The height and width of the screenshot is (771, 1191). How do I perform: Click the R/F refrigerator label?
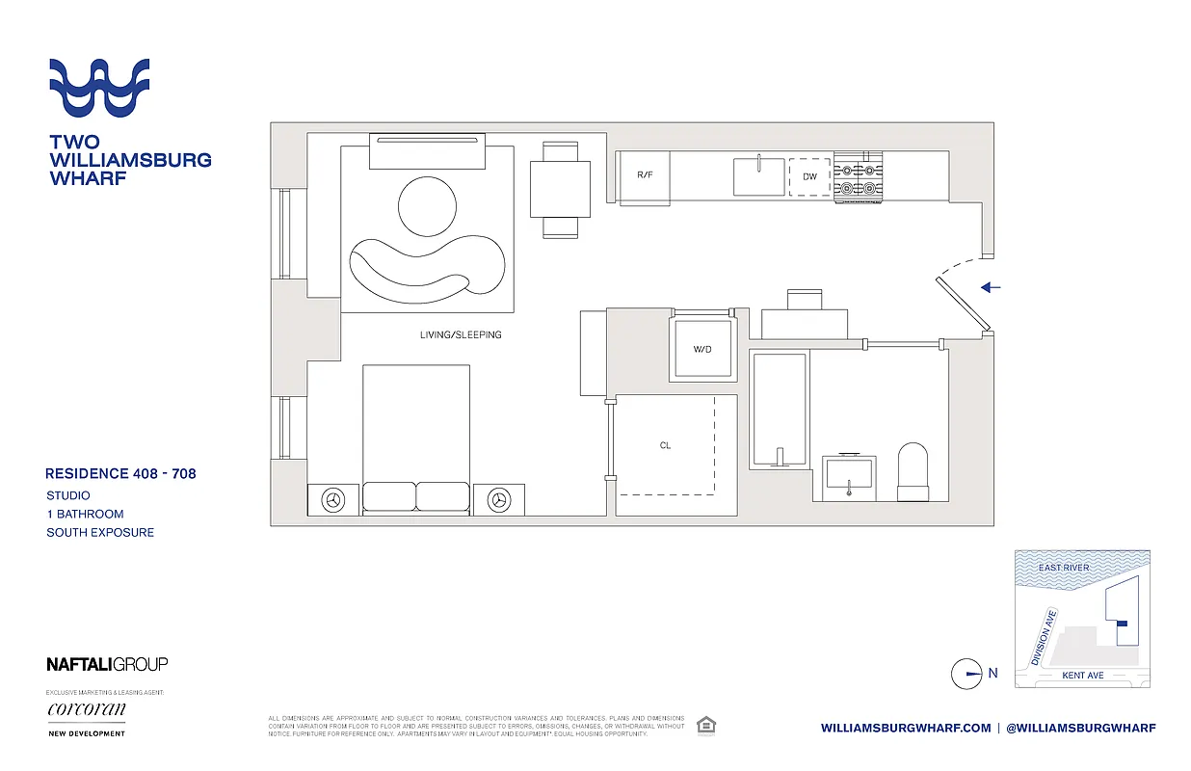pyautogui.click(x=645, y=176)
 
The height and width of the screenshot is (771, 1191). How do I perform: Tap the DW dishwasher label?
pyautogui.click(x=809, y=176)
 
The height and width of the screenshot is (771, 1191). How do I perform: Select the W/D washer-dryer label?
pyautogui.click(x=701, y=349)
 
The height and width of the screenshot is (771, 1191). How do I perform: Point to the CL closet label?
pyautogui.click(x=665, y=446)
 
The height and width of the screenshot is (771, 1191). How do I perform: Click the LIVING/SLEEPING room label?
pyautogui.click(x=461, y=335)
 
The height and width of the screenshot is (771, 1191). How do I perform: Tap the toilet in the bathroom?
pyautogui.click(x=912, y=471)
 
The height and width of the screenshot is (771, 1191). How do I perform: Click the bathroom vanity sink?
pyautogui.click(x=849, y=474)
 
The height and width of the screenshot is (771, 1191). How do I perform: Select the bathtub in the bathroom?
pyautogui.click(x=779, y=410)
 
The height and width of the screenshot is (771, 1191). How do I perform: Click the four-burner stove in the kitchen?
pyautogui.click(x=858, y=176)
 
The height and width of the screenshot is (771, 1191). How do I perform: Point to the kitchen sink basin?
pyautogui.click(x=759, y=176)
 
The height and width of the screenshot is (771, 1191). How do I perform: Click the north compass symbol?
pyautogui.click(x=966, y=674)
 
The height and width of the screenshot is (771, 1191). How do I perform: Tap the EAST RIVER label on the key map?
pyautogui.click(x=1064, y=568)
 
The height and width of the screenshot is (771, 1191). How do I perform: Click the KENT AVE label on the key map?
pyautogui.click(x=1082, y=676)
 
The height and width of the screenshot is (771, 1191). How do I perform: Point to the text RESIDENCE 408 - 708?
pyautogui.click(x=120, y=473)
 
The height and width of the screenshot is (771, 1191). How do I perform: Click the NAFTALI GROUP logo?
pyautogui.click(x=107, y=664)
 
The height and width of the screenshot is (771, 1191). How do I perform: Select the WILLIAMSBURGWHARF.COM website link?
pyautogui.click(x=906, y=728)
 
